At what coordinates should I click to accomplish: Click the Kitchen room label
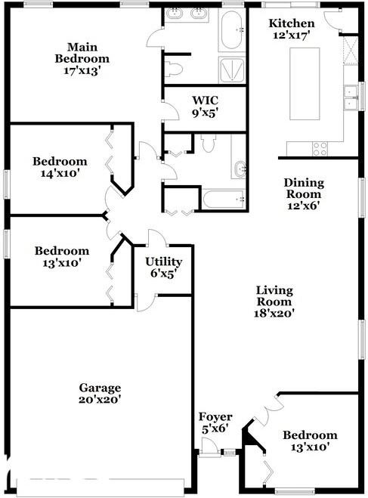coord(292,23)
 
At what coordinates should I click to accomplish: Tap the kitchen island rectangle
coord(305,84)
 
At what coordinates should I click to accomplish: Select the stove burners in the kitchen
coord(320,149)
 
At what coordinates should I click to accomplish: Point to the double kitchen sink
coord(351,97)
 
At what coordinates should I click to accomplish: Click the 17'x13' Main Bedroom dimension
coord(82,70)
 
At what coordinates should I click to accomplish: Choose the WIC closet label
coord(205,101)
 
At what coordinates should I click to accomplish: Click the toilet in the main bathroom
coord(174,69)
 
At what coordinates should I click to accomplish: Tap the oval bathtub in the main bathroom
coord(231,29)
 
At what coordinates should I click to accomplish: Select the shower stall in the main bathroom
coord(232,70)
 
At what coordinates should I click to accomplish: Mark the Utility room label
coord(163,261)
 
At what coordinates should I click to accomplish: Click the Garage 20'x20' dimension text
coord(100,399)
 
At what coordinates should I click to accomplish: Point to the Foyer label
coord(215,416)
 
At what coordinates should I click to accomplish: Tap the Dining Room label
coord(304,188)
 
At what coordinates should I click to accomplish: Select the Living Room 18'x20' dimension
coord(274,313)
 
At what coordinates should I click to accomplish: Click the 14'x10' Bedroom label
coord(60,167)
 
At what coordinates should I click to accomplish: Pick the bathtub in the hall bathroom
coord(224,200)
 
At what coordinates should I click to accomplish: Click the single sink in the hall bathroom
coord(240,169)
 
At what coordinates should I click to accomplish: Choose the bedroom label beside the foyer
coord(310,441)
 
